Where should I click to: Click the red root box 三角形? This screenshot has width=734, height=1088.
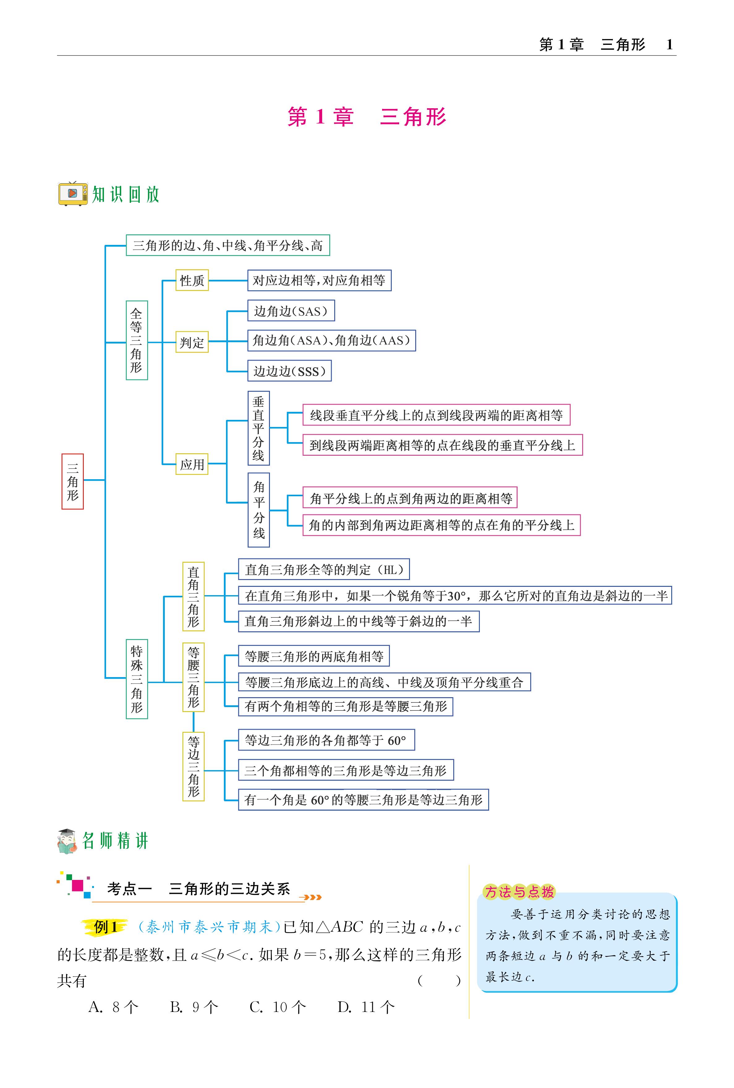[x=73, y=481]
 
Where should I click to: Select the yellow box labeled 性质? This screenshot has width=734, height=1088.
[x=192, y=280]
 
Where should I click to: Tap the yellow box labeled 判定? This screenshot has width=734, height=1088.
[x=192, y=342]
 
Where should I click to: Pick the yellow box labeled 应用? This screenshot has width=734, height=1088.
[x=192, y=464]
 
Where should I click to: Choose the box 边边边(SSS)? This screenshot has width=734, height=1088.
[x=289, y=371]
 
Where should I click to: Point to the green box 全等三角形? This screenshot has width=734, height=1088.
[x=137, y=340]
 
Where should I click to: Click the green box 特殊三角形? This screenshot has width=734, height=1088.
[x=137, y=679]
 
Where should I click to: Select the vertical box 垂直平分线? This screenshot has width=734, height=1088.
[x=258, y=428]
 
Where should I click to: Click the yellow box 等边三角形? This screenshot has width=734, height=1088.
[x=193, y=766]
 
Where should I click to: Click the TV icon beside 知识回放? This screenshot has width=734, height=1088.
[x=73, y=193]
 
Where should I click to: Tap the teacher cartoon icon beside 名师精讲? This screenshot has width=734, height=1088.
[x=67, y=841]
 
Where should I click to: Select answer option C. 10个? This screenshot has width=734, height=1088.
[x=278, y=1007]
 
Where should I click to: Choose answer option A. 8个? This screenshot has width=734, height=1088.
[x=114, y=1007]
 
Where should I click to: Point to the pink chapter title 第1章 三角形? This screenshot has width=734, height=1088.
[x=367, y=117]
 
